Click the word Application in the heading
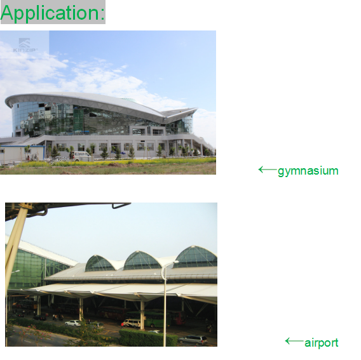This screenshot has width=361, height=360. (x=50, y=13)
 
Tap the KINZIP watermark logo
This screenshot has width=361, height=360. (x=25, y=45)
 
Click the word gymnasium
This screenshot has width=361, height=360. (x=308, y=171)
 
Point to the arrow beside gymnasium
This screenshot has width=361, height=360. (x=268, y=170)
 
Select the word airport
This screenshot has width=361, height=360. (x=322, y=343)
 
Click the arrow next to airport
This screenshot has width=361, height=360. (x=294, y=341)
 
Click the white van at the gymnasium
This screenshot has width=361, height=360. (x=81, y=156)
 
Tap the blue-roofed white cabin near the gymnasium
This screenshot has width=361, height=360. (x=23, y=153)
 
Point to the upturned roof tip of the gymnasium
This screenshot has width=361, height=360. (x=196, y=109)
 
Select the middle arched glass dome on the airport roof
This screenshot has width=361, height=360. (x=142, y=261)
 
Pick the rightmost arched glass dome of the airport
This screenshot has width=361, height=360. (x=196, y=257)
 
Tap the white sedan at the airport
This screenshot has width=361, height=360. (x=73, y=323)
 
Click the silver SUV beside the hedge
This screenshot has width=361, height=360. (x=193, y=340)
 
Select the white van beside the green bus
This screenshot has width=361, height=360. (x=131, y=323)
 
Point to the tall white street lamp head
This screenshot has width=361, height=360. (x=175, y=262)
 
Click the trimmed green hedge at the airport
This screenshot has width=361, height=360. (x=148, y=338)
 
